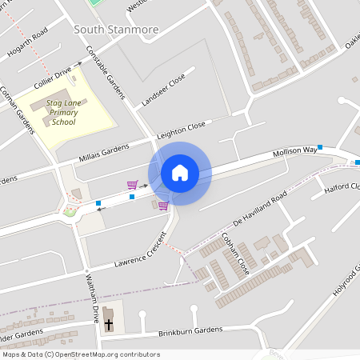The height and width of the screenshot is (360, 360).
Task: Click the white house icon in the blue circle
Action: click(180, 173)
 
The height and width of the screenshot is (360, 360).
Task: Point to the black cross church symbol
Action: click(109, 324)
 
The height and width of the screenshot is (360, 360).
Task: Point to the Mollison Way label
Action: click(294, 151)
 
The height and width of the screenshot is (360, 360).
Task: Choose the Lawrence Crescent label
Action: click(139, 251)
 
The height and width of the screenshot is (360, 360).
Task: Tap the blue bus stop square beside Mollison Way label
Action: click(320, 147)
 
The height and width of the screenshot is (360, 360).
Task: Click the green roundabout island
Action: click(70, 213)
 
